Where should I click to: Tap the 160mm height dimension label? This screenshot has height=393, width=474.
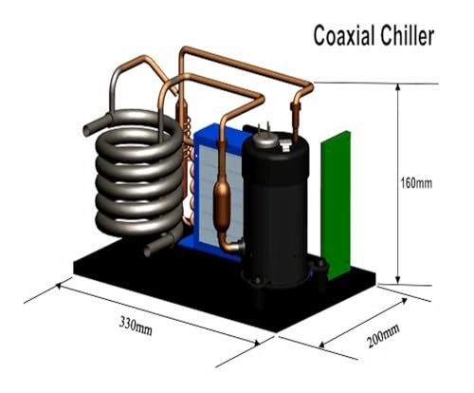(416, 183)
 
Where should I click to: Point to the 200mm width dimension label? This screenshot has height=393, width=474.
(383, 336)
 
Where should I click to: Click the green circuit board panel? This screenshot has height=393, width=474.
(336, 205)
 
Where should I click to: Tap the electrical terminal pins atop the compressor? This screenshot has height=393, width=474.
(264, 129)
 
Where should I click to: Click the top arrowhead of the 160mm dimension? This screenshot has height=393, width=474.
(398, 87)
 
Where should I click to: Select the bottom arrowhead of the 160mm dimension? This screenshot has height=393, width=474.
(398, 280)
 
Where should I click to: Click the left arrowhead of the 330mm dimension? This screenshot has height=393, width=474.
(59, 286)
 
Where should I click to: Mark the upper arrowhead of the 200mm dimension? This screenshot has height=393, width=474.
(404, 301)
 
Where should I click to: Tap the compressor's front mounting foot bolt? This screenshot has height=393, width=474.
(257, 280)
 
